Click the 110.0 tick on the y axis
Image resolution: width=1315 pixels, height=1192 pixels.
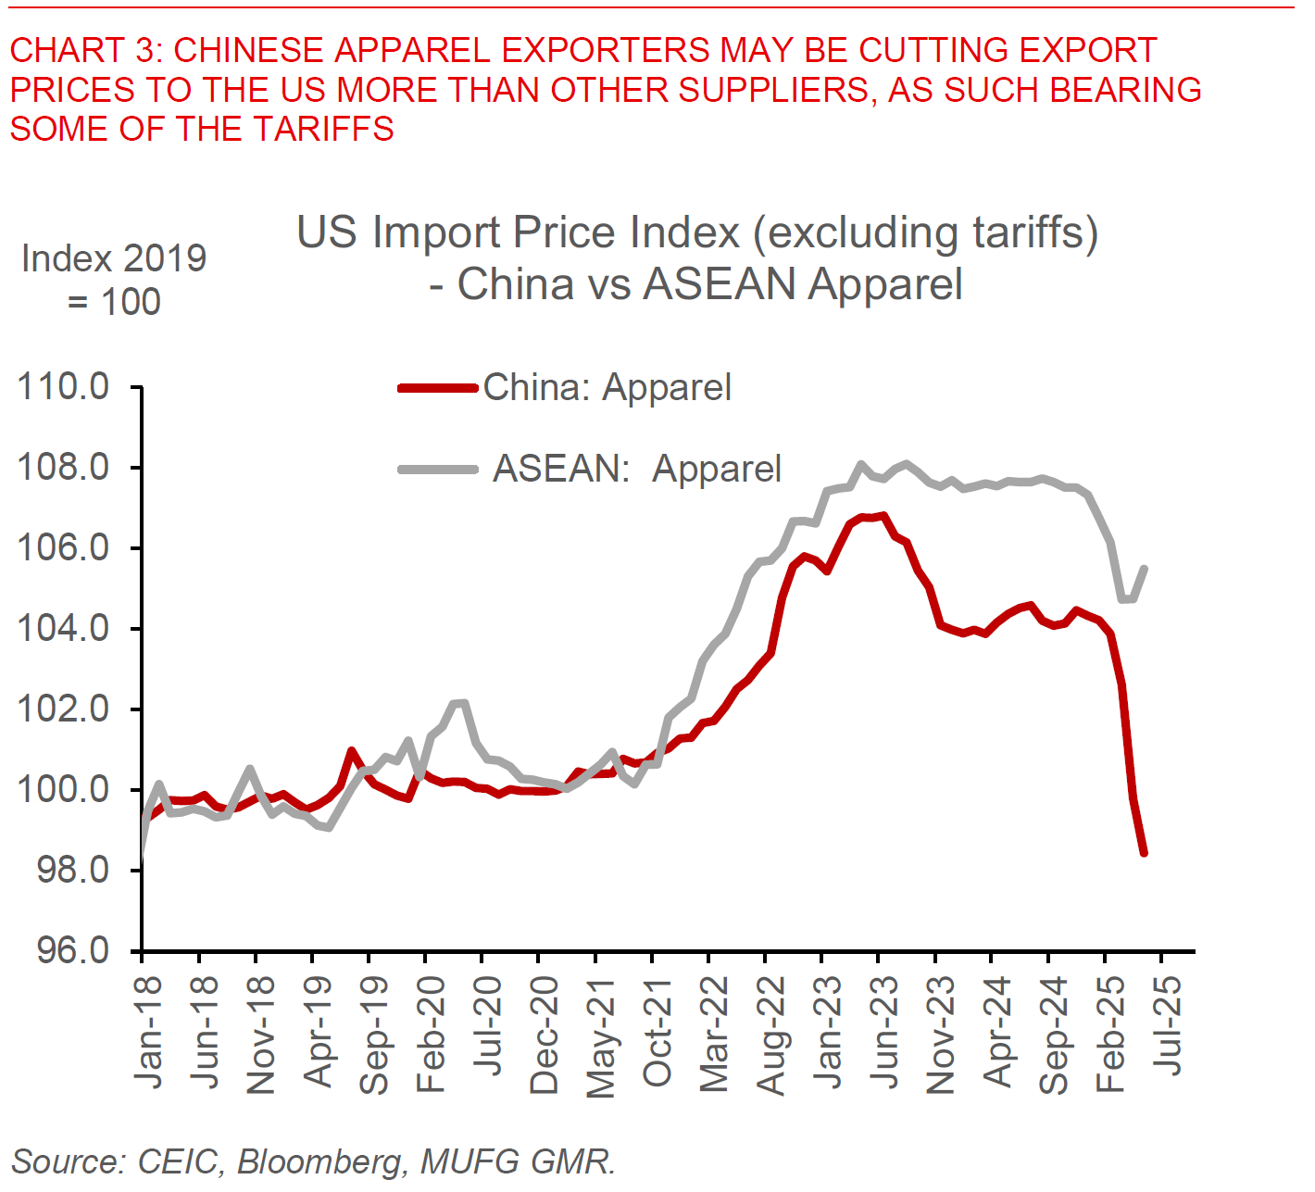pyautogui.click(x=63, y=386)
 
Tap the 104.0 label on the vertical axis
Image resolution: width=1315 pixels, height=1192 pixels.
pyautogui.click(x=63, y=628)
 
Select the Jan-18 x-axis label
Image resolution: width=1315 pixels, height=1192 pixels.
pyautogui.click(x=148, y=1033)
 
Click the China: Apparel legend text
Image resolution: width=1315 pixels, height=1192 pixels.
pyautogui.click(x=607, y=387)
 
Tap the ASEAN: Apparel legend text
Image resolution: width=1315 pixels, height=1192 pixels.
pyautogui.click(x=637, y=469)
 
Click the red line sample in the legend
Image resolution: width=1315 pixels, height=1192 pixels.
pyautogui.click(x=438, y=388)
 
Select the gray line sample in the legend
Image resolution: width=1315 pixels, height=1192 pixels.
pyautogui.click(x=438, y=470)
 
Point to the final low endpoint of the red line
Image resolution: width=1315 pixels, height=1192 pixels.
pyautogui.click(x=1145, y=853)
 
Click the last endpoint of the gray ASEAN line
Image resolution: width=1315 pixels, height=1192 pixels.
pyautogui.click(x=1146, y=568)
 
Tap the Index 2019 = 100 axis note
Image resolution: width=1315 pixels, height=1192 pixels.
pyautogui.click(x=114, y=280)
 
